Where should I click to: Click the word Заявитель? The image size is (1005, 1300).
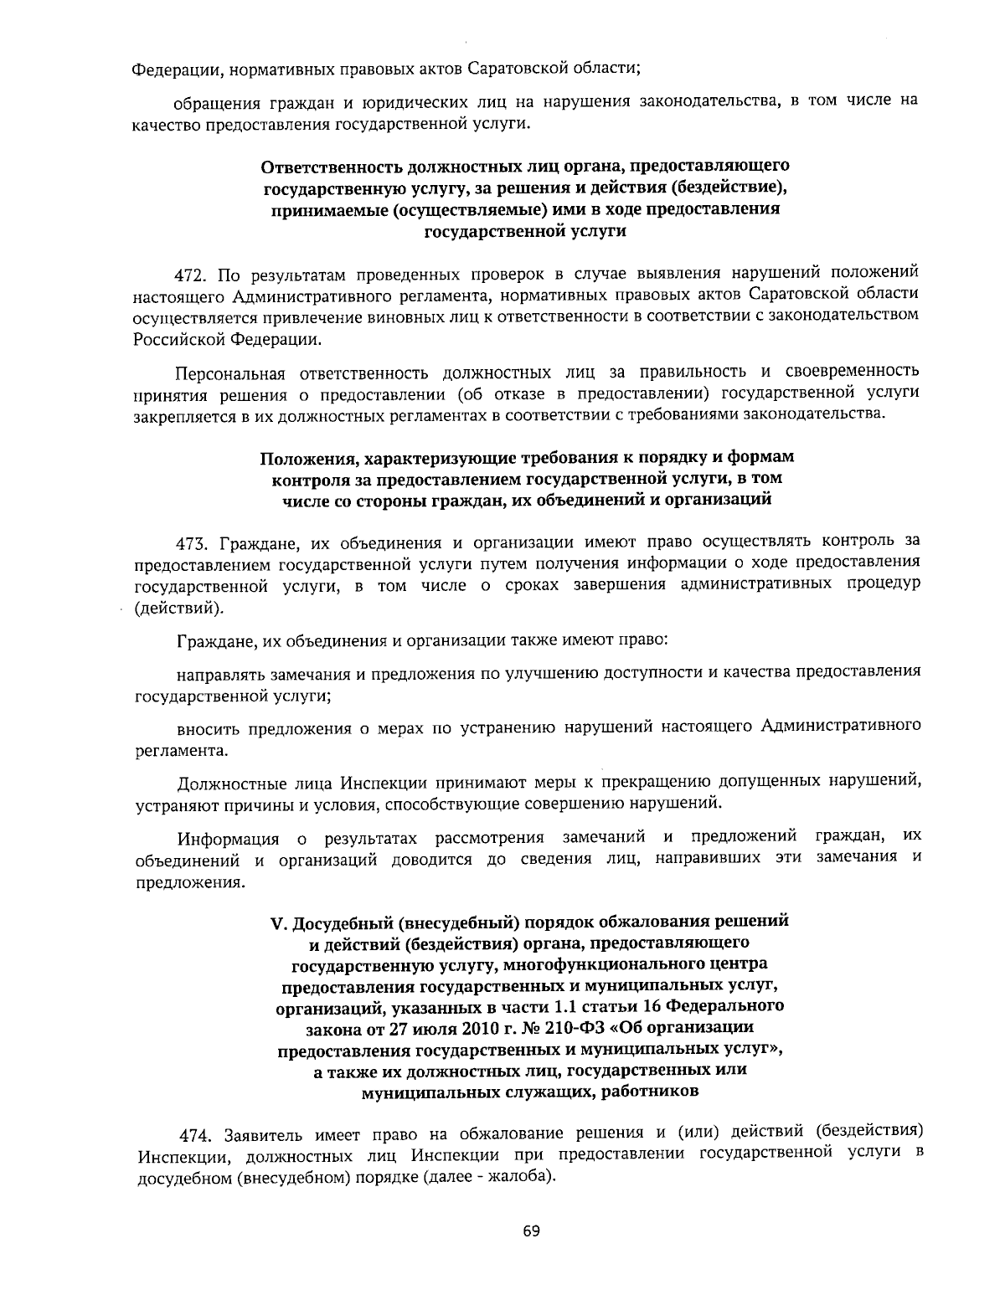click(x=265, y=1137)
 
